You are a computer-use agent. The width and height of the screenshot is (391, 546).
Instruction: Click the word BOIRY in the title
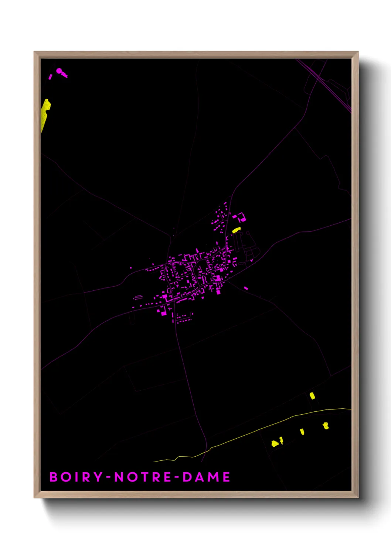[x=76, y=477]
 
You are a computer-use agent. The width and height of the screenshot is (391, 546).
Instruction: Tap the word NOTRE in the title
[x=143, y=477]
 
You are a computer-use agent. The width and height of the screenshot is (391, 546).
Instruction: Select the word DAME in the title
[x=206, y=477]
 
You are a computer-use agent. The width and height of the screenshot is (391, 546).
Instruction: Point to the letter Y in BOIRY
[x=98, y=477]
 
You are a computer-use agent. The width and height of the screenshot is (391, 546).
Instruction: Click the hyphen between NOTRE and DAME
[x=177, y=477]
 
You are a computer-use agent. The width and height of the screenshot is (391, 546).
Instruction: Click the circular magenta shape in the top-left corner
[x=59, y=70]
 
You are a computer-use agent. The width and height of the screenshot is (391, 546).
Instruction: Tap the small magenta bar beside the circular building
[x=50, y=77]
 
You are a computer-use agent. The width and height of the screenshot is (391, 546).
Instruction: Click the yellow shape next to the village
[x=236, y=230]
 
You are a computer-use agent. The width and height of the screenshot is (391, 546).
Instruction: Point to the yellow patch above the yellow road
[x=312, y=396]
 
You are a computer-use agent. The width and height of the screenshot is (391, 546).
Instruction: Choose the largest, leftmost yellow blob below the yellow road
[x=275, y=443]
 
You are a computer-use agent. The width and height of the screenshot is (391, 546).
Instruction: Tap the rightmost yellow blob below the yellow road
[x=326, y=426]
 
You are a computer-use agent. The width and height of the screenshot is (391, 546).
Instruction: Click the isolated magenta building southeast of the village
[x=246, y=288]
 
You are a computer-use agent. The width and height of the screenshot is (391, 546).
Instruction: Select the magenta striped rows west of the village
[x=138, y=297]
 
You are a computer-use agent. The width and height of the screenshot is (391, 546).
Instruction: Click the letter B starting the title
[x=54, y=477]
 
